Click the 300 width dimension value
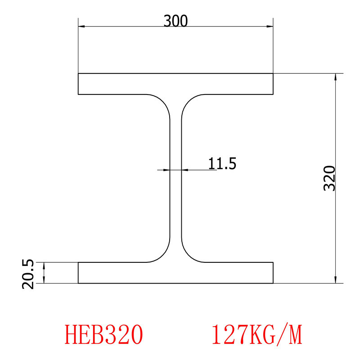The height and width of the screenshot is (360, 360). coord(175,21)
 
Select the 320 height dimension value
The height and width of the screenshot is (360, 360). coord(330,178)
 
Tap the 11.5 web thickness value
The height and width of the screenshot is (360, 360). coord(222,163)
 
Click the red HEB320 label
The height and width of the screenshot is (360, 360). coord(104,335)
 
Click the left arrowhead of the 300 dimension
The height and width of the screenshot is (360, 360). coord(81,27)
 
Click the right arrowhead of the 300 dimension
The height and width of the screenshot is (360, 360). coord(270,27)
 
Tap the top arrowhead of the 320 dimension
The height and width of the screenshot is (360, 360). coord(335,76)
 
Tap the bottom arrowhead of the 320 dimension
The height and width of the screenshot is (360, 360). coord(335,280)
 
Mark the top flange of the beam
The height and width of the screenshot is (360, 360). coord(175,84)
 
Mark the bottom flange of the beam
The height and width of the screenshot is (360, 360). coord(175,273)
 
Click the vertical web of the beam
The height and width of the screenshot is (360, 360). coord(175,202)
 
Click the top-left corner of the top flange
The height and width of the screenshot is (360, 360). coord(78,73)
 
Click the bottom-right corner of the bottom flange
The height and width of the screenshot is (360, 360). coord(273,283)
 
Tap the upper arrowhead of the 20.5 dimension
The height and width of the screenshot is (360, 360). coord(44,265)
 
